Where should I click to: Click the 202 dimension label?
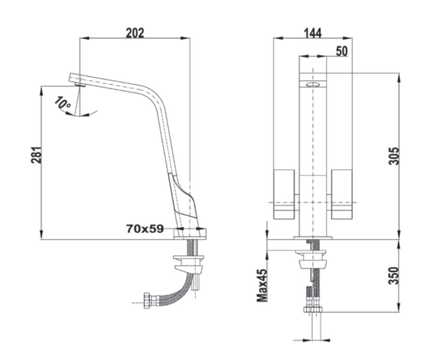(x=135, y=33)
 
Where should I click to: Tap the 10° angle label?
(x=64, y=103)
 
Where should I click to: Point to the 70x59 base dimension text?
(x=144, y=228)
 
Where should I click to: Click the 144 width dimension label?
(x=312, y=33)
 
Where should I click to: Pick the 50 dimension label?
(x=342, y=51)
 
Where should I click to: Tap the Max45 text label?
(x=262, y=285)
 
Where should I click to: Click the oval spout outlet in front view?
(x=313, y=84)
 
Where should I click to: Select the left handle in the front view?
(x=284, y=193)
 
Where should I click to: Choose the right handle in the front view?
(x=342, y=193)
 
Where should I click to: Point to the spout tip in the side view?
(x=76, y=79)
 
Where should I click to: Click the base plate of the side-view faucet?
(x=190, y=234)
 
